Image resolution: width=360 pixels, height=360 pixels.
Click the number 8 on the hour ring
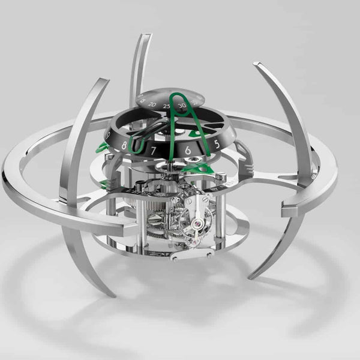coord(125,145)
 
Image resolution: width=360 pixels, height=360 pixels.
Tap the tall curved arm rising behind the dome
coord(139,66)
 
